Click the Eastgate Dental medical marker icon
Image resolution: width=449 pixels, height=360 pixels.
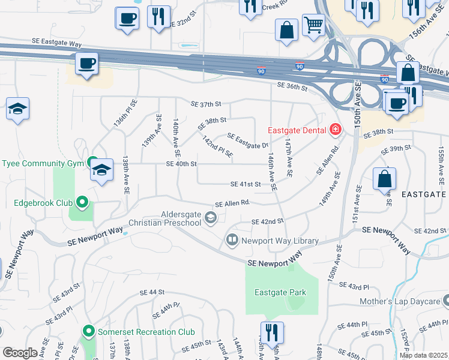click(335, 130)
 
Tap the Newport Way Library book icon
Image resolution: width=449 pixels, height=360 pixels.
click(232, 241)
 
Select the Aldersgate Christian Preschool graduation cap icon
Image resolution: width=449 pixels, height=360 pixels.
click(211, 218)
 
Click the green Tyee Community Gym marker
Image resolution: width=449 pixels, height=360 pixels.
click(92, 163)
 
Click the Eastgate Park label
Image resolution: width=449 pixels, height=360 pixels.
click(280, 293)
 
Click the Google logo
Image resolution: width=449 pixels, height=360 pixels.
click(20, 352)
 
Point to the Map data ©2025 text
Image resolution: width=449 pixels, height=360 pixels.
click(424, 355)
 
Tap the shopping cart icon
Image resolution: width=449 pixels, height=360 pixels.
click(313, 25)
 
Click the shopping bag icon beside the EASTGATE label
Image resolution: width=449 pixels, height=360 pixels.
click(384, 179)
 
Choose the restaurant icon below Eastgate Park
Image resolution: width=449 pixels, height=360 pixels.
click(272, 332)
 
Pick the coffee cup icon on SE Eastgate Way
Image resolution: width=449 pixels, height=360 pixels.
click(86, 64)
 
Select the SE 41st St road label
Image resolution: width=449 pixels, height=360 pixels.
click(246, 184)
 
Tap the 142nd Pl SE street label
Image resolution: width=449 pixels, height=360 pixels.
click(217, 147)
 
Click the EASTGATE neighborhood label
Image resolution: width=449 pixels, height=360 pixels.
click(423, 195)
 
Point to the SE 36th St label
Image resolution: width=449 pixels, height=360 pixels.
click(292, 87)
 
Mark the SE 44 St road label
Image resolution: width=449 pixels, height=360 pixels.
click(152, 292)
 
